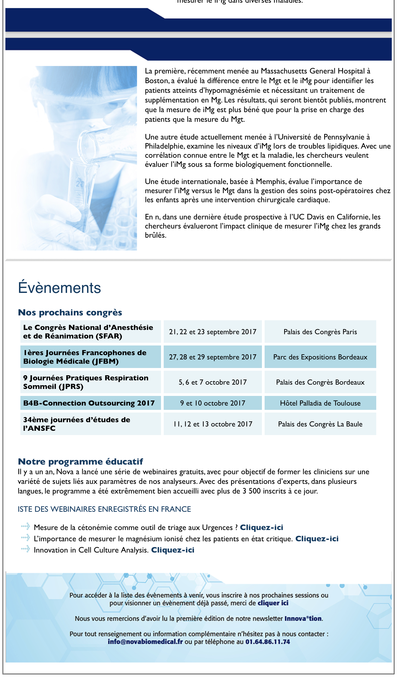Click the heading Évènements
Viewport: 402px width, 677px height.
[59, 288]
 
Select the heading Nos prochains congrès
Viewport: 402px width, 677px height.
[70, 313]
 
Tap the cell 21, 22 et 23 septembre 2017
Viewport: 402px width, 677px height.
[213, 332]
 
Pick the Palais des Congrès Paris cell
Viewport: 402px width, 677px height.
[320, 332]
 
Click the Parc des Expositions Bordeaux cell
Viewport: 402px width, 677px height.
[320, 357]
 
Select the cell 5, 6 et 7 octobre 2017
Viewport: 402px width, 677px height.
[213, 382]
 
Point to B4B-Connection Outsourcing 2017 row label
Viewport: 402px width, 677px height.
[89, 403]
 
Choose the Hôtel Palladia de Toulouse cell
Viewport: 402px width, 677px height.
[320, 403]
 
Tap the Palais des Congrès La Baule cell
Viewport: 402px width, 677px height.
[320, 424]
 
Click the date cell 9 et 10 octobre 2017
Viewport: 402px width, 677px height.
[213, 403]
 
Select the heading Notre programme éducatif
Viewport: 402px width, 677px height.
[80, 462]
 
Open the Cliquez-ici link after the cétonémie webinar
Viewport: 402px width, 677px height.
[261, 527]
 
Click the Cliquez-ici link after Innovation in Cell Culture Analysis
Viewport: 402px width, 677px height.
[173, 550]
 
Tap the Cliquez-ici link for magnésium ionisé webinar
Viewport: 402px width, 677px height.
[317, 539]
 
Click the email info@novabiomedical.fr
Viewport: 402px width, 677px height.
[145, 642]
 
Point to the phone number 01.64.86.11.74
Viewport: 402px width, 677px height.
[268, 642]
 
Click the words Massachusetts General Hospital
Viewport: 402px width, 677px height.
[313, 71]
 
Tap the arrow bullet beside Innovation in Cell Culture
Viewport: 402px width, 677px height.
[25, 549]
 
